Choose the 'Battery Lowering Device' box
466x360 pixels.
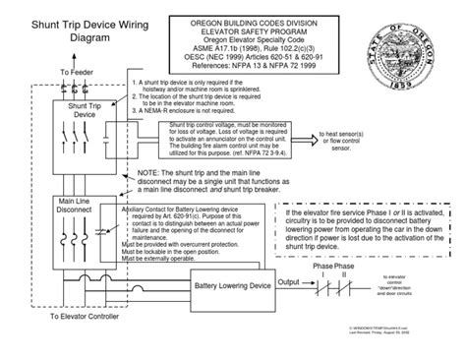233,285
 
